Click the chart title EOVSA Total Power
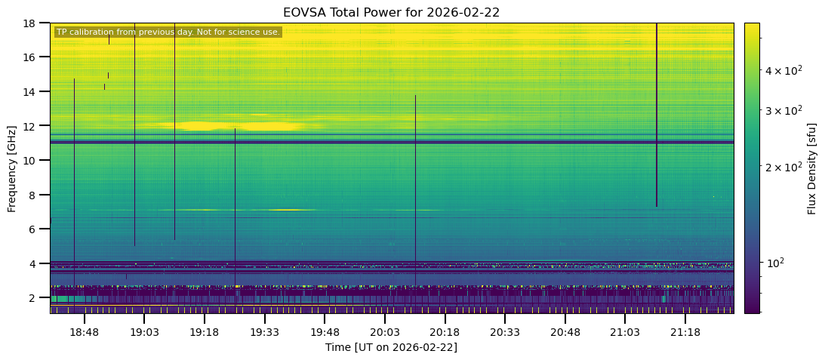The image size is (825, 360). [391, 13]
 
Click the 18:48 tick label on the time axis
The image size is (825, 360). [85, 332]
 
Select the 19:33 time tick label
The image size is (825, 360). [264, 332]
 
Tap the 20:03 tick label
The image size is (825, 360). [384, 332]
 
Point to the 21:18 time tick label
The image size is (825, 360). [685, 332]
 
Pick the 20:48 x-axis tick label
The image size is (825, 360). [565, 332]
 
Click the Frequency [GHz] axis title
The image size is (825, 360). [12, 168]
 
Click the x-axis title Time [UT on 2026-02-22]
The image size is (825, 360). [391, 347]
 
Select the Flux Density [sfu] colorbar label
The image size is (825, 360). [812, 168]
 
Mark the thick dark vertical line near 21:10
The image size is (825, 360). [657, 113]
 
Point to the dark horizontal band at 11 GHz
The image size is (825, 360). [391, 142]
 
